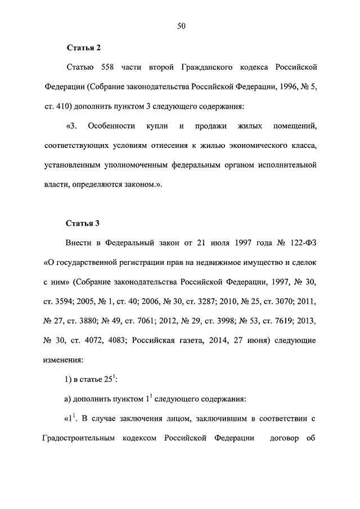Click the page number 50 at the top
pyautogui.click(x=181, y=26)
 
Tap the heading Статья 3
pyautogui.click(x=83, y=223)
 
